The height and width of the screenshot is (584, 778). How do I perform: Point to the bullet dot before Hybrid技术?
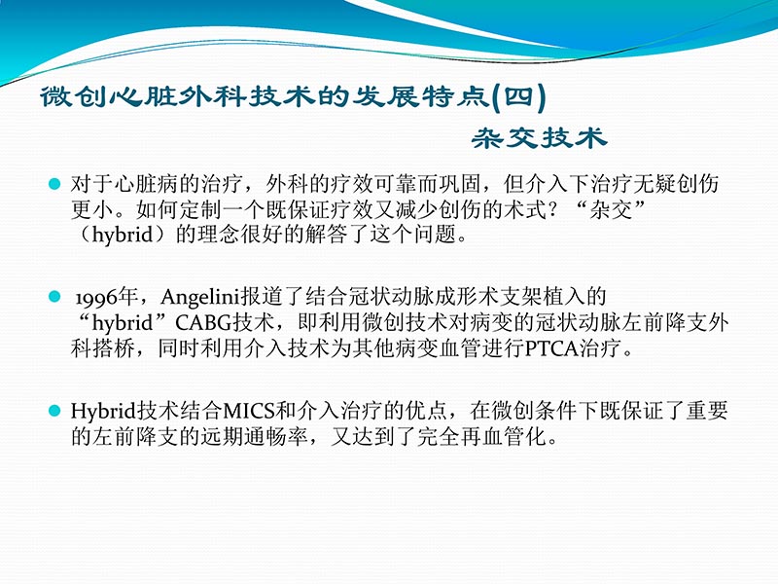tap(55, 410)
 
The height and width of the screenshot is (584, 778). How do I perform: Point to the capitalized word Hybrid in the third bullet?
tap(97, 411)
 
